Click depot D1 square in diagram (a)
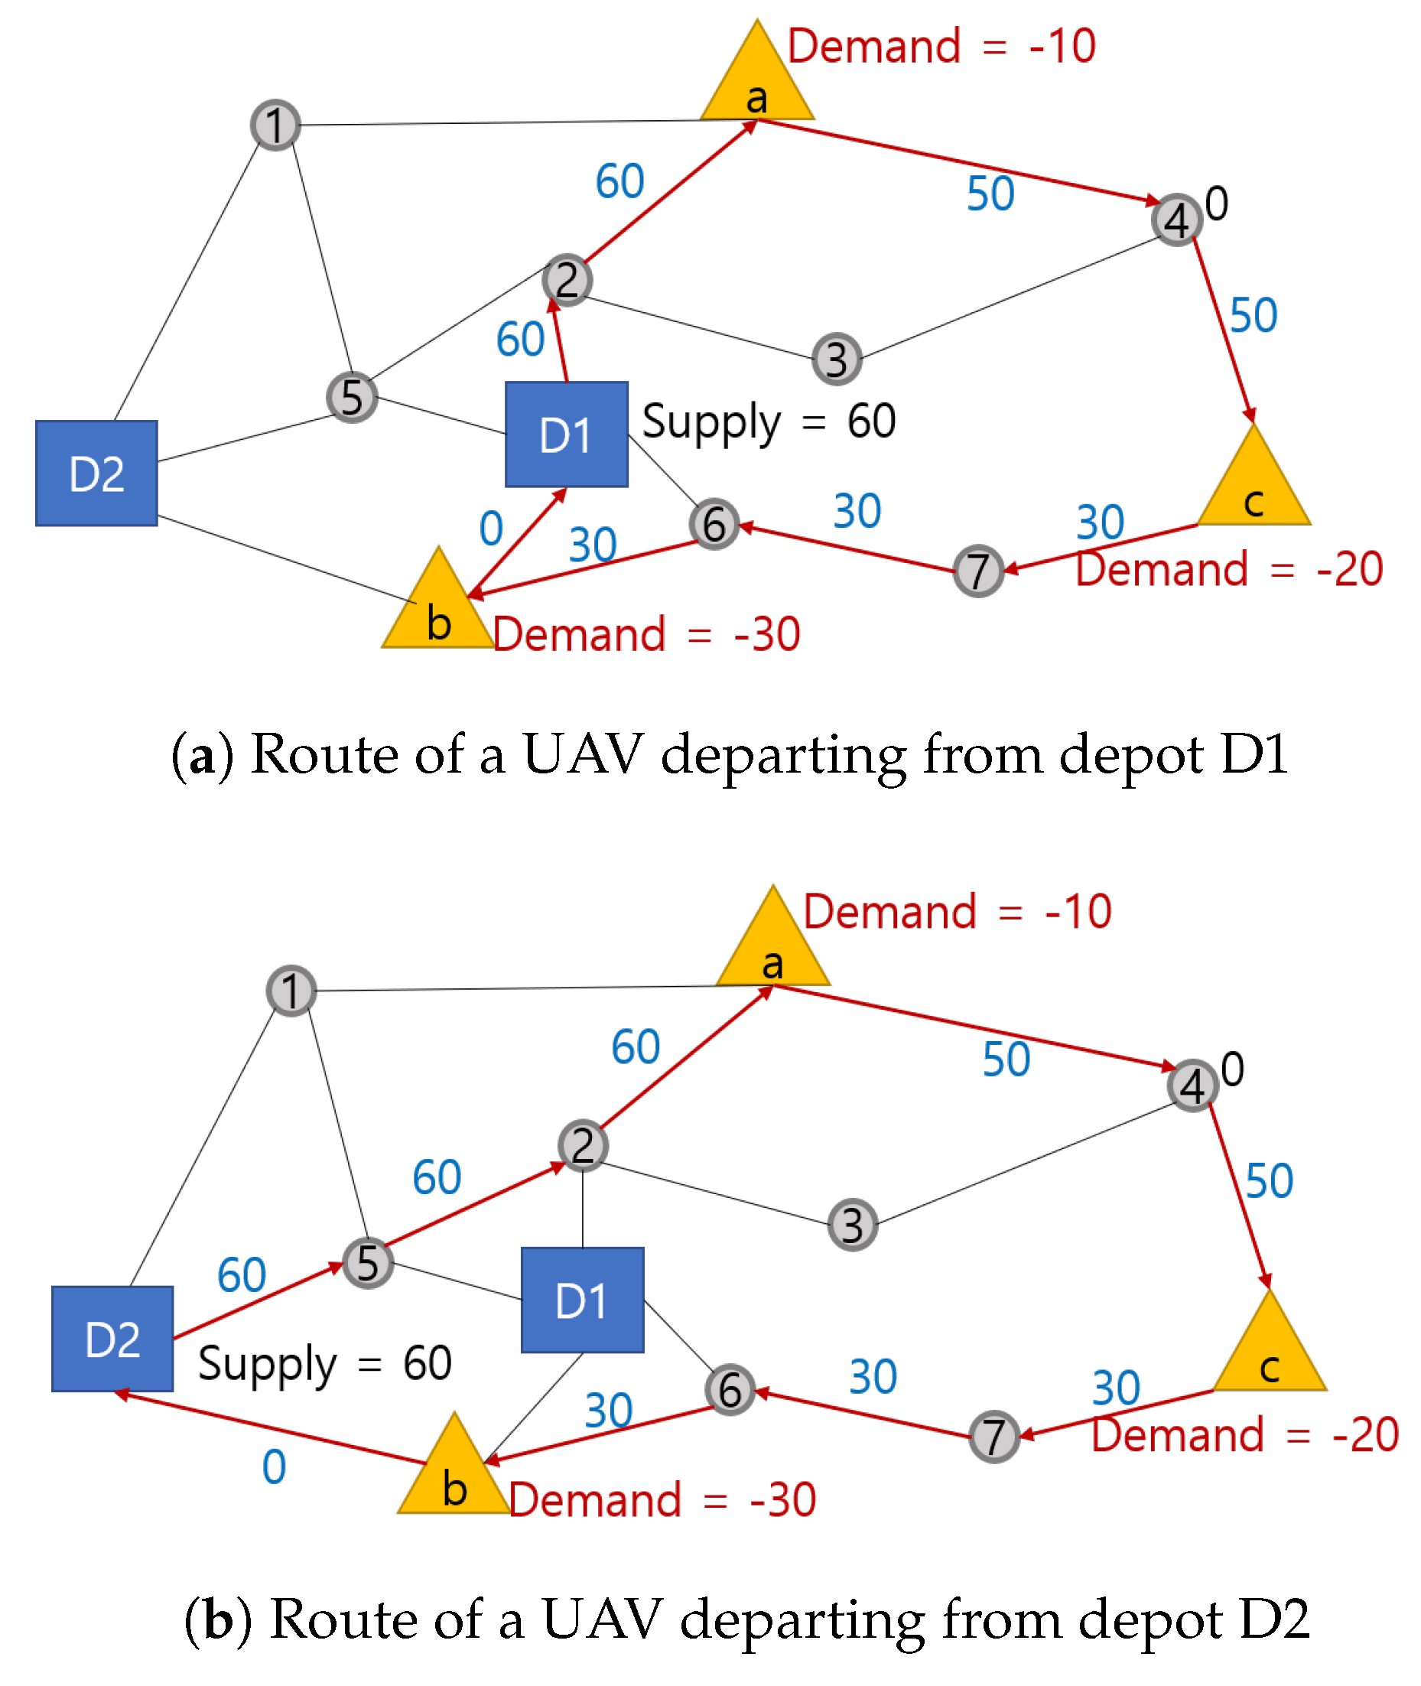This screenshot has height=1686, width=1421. click(566, 435)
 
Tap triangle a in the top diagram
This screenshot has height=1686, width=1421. click(756, 85)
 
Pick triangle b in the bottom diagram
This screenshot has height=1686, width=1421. click(454, 1476)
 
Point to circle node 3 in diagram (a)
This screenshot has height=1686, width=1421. click(837, 359)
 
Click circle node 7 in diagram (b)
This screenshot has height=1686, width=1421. click(994, 1437)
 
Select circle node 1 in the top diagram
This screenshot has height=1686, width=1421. click(275, 125)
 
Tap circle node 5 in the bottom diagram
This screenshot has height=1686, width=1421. click(368, 1262)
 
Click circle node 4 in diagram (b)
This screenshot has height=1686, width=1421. click(1192, 1085)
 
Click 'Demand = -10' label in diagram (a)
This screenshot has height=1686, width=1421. click(941, 46)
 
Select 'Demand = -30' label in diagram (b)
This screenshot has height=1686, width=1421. click(662, 1500)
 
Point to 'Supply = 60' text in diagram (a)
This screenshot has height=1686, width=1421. click(769, 421)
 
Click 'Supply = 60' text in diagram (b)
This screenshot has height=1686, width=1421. click(324, 1363)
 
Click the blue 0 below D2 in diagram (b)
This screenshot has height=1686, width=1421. click(274, 1466)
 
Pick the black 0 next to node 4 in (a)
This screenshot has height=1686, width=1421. click(1216, 203)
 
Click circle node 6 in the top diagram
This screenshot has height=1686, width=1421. click(714, 525)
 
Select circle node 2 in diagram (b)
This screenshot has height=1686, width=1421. click(583, 1145)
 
